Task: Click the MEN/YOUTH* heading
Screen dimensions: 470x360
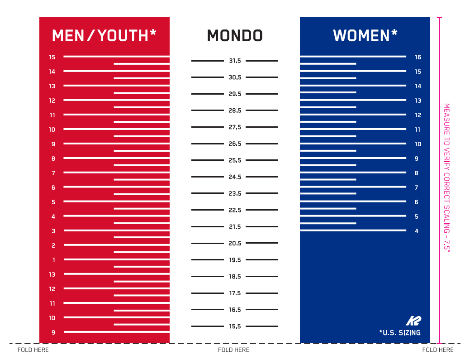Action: pyautogui.click(x=104, y=35)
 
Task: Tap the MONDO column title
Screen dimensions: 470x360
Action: pyautogui.click(x=235, y=36)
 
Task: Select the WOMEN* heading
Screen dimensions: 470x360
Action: pyautogui.click(x=365, y=35)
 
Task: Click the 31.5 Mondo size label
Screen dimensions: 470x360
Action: pyautogui.click(x=235, y=61)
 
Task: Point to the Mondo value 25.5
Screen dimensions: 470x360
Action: pyautogui.click(x=235, y=160)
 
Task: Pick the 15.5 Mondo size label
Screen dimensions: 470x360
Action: pyautogui.click(x=235, y=326)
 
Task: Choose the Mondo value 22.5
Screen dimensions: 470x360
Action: pyautogui.click(x=235, y=210)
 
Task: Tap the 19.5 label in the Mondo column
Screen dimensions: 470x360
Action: pyautogui.click(x=235, y=260)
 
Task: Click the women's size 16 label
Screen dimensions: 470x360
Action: pyautogui.click(x=418, y=58)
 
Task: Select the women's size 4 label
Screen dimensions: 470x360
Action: pyautogui.click(x=416, y=231)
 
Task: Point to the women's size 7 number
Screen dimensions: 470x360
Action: pyautogui.click(x=416, y=187)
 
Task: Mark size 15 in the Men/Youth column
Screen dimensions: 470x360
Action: pyautogui.click(x=52, y=57)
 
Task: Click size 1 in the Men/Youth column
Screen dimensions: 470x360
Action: pyautogui.click(x=54, y=260)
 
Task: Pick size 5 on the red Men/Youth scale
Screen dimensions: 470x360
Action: pyautogui.click(x=53, y=202)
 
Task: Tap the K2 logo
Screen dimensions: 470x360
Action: pyautogui.click(x=413, y=321)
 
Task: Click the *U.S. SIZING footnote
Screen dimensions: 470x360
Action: pyautogui.click(x=400, y=333)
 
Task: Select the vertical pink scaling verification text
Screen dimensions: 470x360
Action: pyautogui.click(x=446, y=178)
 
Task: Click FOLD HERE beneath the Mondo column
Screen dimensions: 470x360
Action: pyautogui.click(x=233, y=350)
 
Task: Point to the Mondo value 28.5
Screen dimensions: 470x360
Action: pyautogui.click(x=235, y=110)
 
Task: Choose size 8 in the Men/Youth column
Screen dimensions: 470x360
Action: pyautogui.click(x=53, y=158)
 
